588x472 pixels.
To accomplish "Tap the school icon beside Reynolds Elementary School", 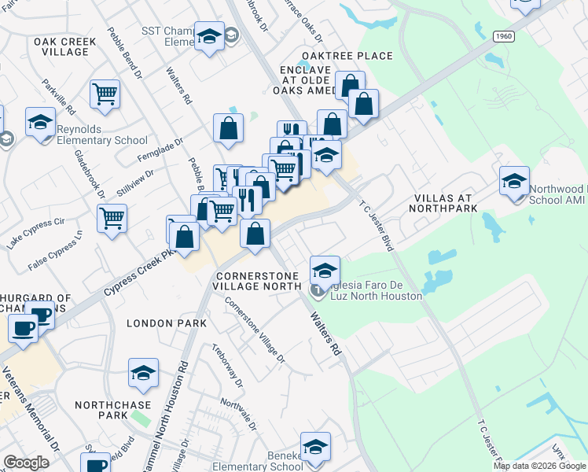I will (x=40, y=123).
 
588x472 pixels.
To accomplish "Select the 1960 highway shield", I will (x=504, y=37).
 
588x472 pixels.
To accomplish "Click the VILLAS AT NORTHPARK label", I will (x=444, y=203).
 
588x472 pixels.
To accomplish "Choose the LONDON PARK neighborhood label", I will (x=167, y=323).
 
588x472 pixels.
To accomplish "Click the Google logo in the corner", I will (x=26, y=463).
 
